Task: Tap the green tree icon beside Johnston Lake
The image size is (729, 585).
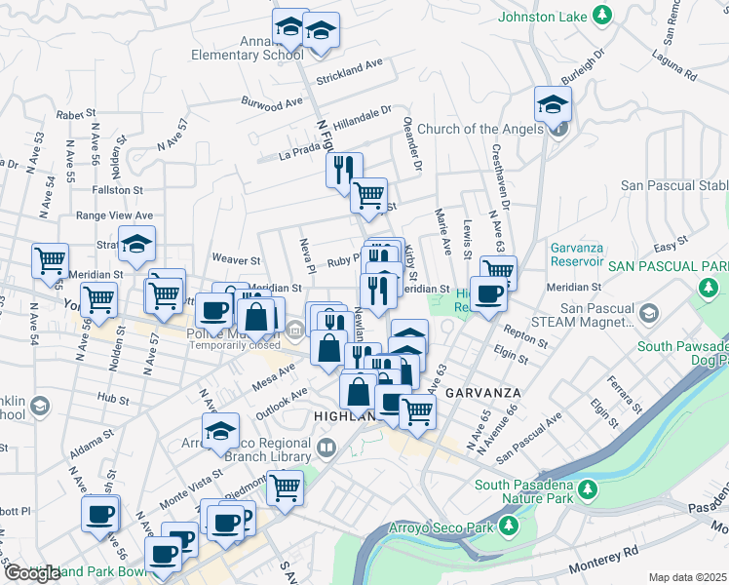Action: point(603,16)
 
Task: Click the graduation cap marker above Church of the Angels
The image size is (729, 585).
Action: point(553,103)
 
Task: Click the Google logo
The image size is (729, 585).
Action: point(31,572)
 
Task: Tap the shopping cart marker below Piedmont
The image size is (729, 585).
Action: point(286,487)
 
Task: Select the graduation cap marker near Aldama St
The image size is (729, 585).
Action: point(221,430)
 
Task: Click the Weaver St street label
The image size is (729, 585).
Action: point(237,260)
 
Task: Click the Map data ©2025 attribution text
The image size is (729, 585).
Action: point(687,577)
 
